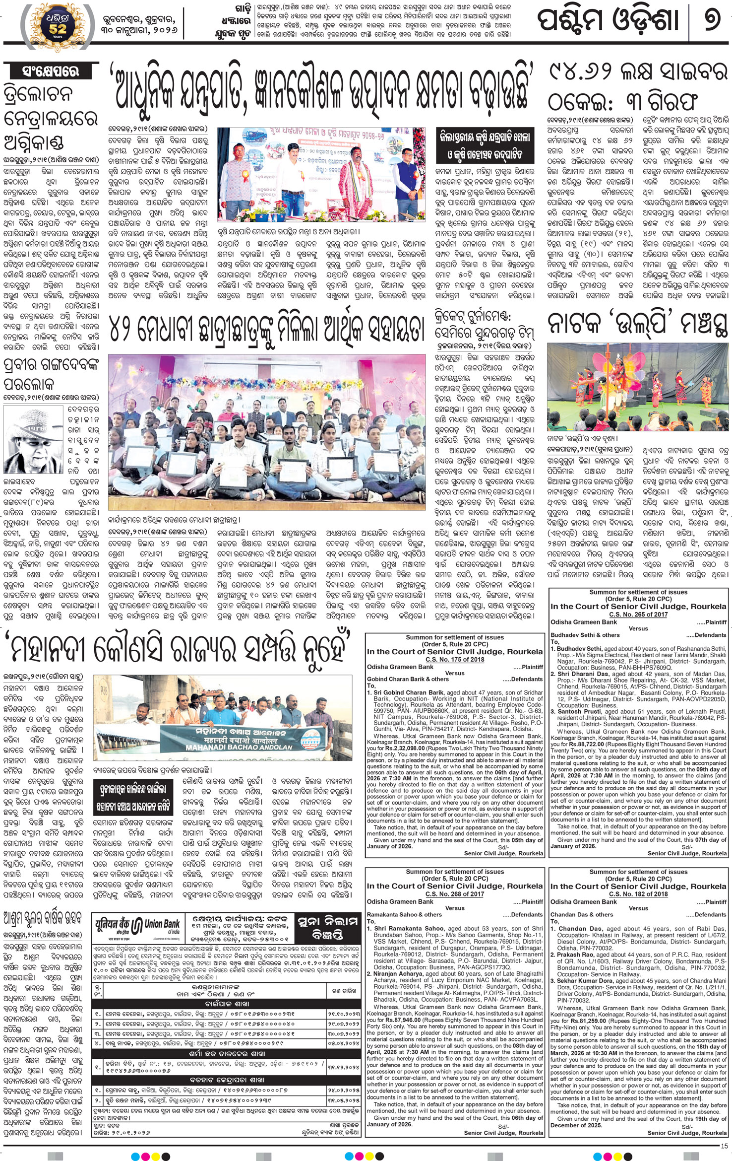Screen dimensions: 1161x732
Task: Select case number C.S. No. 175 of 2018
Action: coord(454,660)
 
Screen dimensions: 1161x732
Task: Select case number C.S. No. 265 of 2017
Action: coord(638,615)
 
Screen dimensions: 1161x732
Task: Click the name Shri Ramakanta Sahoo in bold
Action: coord(409,928)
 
